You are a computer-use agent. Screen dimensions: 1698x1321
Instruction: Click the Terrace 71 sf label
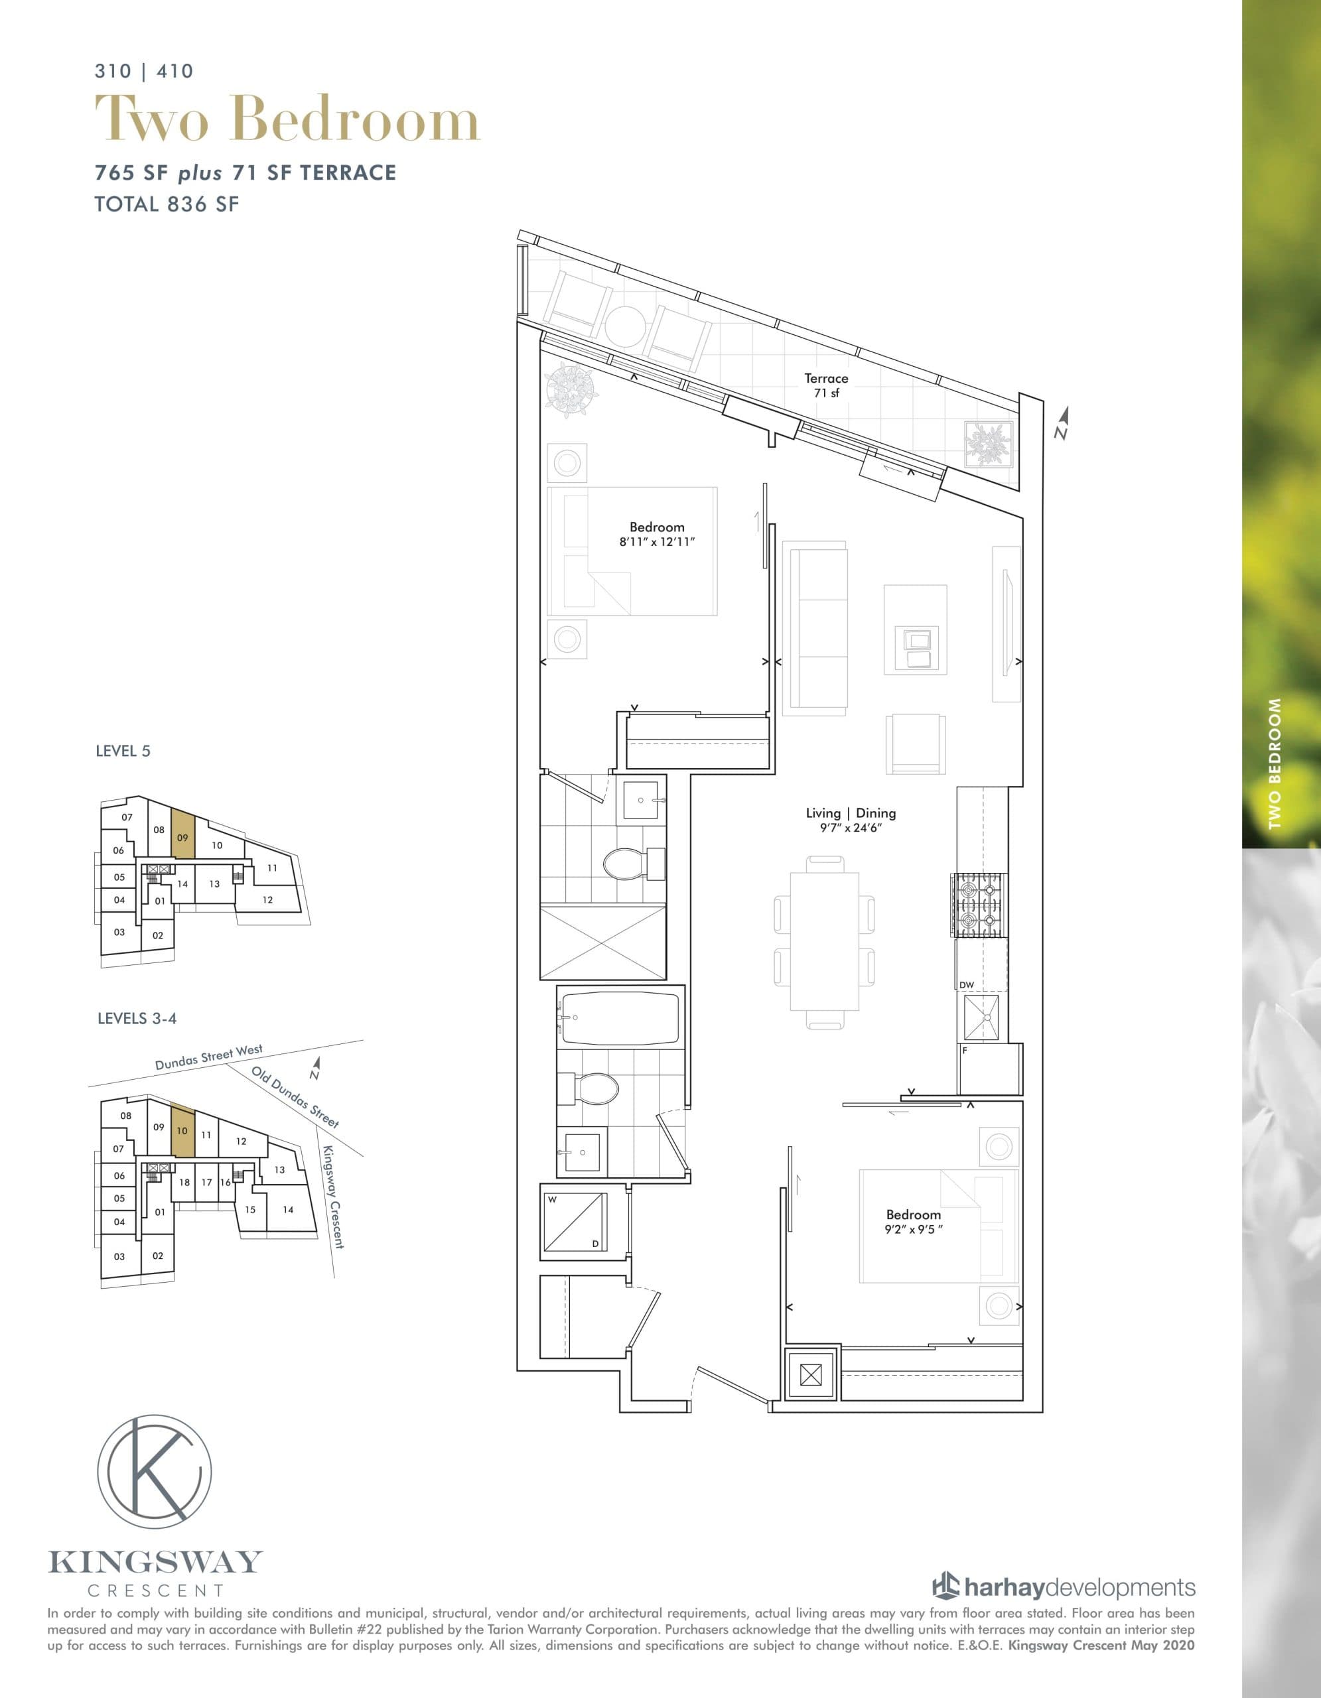(x=826, y=385)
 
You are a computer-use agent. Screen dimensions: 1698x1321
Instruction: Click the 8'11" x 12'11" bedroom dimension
(x=656, y=541)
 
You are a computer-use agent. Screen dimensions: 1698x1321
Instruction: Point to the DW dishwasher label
(x=967, y=984)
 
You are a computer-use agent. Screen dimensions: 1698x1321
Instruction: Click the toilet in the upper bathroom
(x=632, y=863)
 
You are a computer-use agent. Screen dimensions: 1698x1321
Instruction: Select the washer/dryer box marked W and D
(x=574, y=1221)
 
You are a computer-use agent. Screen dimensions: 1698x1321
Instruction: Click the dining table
(x=824, y=941)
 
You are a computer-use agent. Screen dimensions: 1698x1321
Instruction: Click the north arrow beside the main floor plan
(x=1063, y=424)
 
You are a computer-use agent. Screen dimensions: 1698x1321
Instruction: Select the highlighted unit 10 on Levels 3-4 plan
(x=182, y=1130)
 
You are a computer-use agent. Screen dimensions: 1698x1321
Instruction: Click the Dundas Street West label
(x=208, y=1057)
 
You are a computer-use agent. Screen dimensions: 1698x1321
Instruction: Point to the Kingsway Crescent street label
(x=333, y=1197)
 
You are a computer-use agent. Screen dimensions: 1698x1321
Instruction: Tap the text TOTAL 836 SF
(x=167, y=204)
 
